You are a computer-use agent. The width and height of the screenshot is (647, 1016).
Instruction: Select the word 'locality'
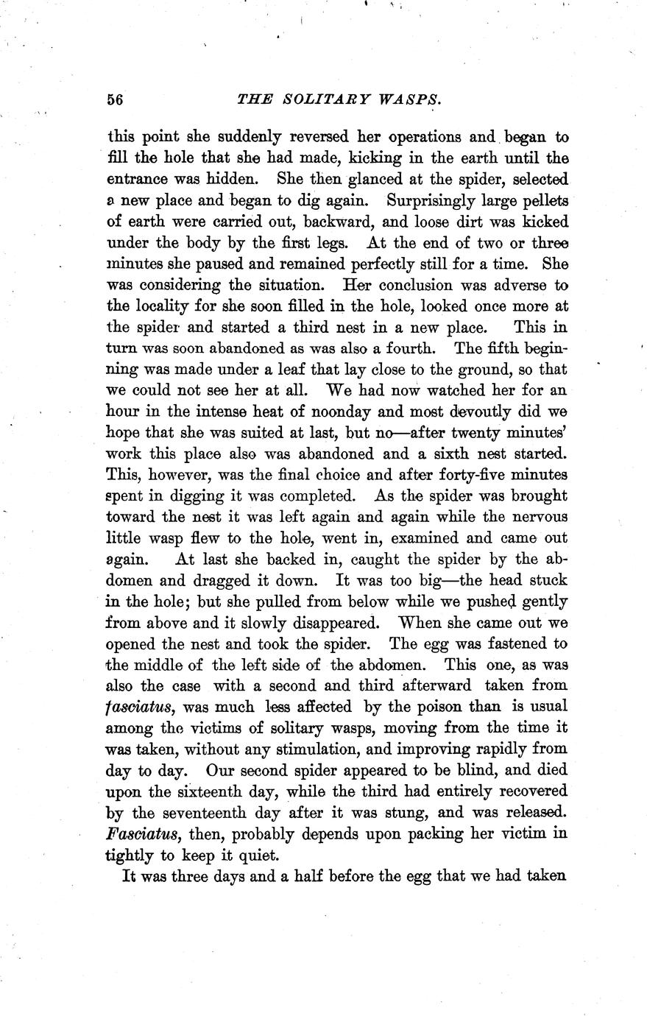point(161,306)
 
